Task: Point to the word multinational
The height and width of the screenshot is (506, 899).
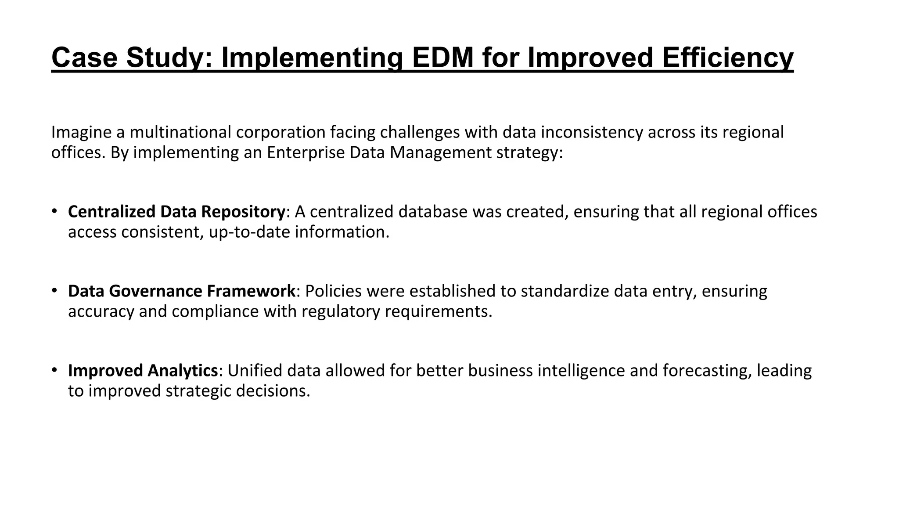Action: (180, 132)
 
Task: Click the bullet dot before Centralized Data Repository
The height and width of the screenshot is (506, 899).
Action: (54, 211)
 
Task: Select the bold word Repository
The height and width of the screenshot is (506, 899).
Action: (243, 212)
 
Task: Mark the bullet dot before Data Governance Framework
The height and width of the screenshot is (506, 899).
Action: (54, 291)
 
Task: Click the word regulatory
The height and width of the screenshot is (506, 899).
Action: (341, 311)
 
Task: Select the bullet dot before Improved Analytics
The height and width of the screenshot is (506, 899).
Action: (54, 370)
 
